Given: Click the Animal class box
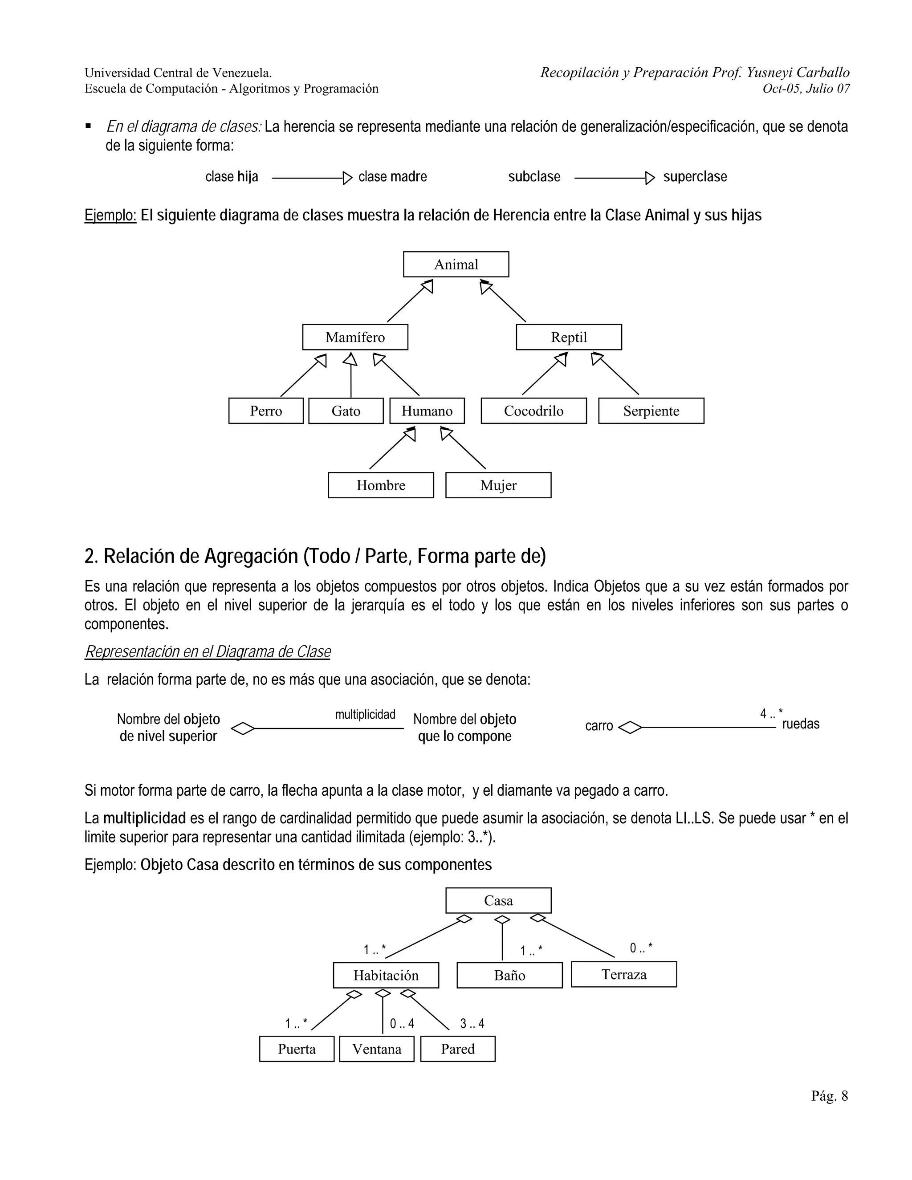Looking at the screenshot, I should (456, 264).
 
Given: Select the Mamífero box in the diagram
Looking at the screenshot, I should (355, 337).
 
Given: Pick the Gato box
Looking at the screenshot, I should (346, 411).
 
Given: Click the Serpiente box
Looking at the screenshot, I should (651, 411).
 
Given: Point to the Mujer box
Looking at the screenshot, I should (498, 485).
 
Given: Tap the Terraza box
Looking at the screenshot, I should (623, 974).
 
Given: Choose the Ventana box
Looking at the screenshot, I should (377, 1049).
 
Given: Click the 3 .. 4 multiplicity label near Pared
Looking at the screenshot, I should (472, 1023).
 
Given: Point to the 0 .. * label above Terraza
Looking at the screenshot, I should (641, 948).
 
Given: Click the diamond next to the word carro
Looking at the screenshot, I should (629, 728).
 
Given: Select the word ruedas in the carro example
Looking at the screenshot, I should (801, 724).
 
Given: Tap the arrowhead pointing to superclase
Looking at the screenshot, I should (650, 178).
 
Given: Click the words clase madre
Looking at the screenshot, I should (392, 177).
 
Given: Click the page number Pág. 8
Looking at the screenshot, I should (829, 1096).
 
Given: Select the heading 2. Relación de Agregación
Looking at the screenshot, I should (315, 556).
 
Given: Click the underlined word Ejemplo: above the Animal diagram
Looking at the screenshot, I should (110, 215).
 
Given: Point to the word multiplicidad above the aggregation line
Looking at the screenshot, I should (365, 714).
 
